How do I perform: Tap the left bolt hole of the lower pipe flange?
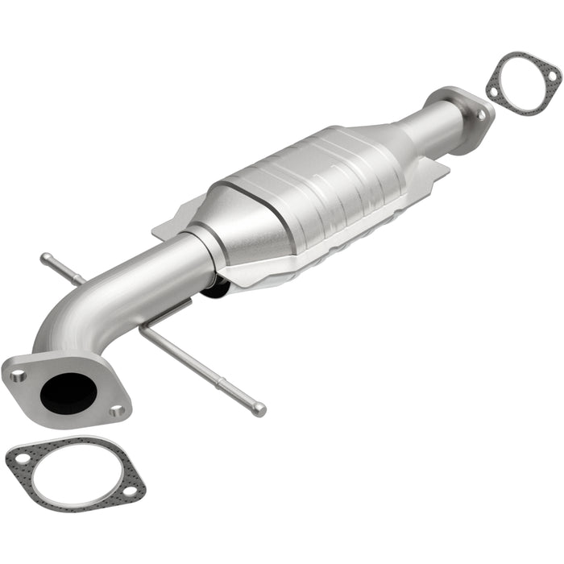coord(19,375)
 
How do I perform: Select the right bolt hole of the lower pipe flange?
coord(118,411)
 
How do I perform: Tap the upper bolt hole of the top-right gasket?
coord(553,75)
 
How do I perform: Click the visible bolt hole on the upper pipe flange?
coord(483,115)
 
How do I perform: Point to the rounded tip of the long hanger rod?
coord(259,410)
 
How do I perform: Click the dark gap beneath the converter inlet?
coord(216,286)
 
